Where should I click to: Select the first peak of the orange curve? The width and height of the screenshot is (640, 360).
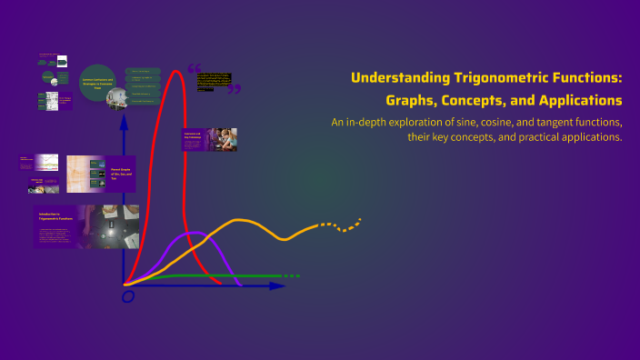[241, 221]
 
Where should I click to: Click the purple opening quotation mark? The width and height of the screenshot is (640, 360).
[193, 68]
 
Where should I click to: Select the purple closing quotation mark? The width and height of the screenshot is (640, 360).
[235, 89]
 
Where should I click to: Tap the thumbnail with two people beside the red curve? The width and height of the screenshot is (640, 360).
[209, 139]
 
